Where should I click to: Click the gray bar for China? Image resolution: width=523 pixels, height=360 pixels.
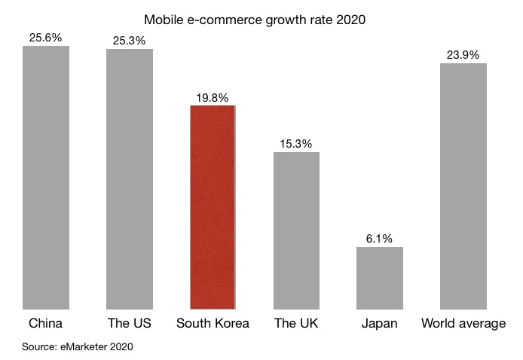[46, 177]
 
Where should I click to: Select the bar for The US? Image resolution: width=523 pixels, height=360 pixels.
[130, 178]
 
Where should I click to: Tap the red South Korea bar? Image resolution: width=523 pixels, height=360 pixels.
[213, 206]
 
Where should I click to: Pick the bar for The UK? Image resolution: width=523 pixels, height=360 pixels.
[296, 230]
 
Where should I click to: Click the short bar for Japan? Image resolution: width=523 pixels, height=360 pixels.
[380, 277]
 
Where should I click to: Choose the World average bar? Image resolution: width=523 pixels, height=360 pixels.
[463, 185]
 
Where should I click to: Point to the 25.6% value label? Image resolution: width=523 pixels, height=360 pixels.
[46, 37]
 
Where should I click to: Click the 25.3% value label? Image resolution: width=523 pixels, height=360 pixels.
[130, 40]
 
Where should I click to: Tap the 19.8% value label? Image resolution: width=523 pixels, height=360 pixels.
[213, 96]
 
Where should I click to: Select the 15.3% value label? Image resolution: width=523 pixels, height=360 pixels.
[296, 143]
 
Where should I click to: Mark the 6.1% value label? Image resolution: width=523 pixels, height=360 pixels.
[380, 238]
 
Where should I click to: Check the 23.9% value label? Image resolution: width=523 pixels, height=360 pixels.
[463, 54]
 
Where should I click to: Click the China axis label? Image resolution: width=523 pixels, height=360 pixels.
[45, 324]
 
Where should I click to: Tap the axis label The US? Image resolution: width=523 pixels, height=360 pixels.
[130, 324]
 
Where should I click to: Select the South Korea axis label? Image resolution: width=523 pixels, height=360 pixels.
[213, 324]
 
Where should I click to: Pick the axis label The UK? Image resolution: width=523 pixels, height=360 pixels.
[296, 324]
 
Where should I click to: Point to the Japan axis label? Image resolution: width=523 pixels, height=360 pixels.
[380, 324]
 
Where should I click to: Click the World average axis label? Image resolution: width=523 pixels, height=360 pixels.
[463, 324]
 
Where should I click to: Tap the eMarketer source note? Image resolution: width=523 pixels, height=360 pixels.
[78, 346]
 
